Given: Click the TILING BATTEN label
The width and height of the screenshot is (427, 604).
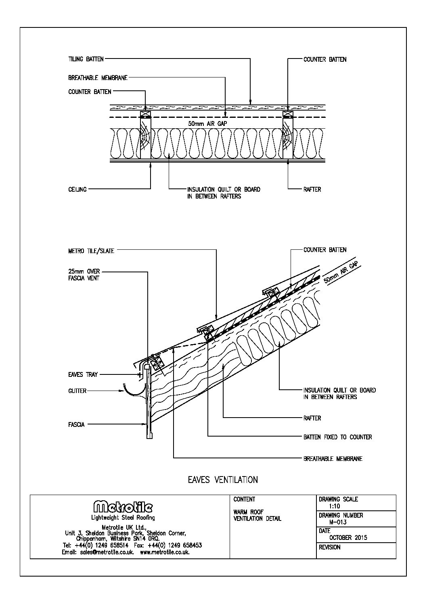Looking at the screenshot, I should point(86,59).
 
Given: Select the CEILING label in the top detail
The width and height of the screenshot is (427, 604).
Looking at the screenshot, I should point(77,189).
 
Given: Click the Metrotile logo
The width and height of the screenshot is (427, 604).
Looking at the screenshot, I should point(123,507).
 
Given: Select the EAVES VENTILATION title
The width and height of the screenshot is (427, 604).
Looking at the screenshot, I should point(223,480).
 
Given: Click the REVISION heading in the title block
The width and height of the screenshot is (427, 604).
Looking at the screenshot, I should point(330,548).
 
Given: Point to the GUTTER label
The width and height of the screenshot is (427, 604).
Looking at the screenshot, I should point(77,391).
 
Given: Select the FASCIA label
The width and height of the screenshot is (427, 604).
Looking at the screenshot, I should point(77,424).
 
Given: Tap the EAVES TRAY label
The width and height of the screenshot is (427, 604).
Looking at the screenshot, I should point(83,375).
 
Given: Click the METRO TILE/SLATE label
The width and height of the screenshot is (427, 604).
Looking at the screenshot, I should point(91,251).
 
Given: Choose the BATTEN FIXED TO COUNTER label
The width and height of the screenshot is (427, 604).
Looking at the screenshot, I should point(337,437).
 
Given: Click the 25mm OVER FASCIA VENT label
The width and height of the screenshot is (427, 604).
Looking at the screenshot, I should point(84,275).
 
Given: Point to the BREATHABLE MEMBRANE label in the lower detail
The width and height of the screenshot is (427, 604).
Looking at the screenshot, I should point(333,459).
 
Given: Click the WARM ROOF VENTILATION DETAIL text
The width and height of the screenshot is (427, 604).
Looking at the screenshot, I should point(257,515).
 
